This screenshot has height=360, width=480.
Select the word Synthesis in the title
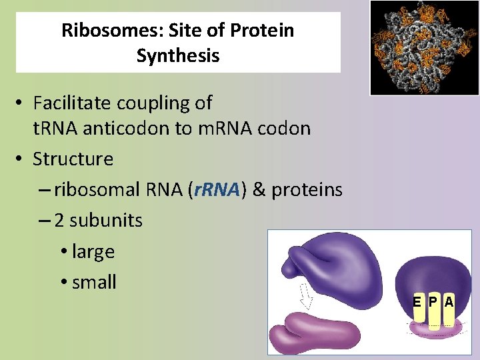coord(178,55)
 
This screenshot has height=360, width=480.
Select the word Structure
coord(73,159)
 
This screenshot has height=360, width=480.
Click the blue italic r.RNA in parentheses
coord(215,190)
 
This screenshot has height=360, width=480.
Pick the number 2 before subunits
coord(60,220)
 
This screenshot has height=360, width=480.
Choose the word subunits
coord(106,220)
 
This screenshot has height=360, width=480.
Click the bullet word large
coord(93,251)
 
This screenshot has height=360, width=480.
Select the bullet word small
coord(94,282)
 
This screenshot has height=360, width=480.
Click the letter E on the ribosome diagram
coord(416,302)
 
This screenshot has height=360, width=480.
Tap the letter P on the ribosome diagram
coord(433,302)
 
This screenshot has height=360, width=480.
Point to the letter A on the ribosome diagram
coord(449,302)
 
